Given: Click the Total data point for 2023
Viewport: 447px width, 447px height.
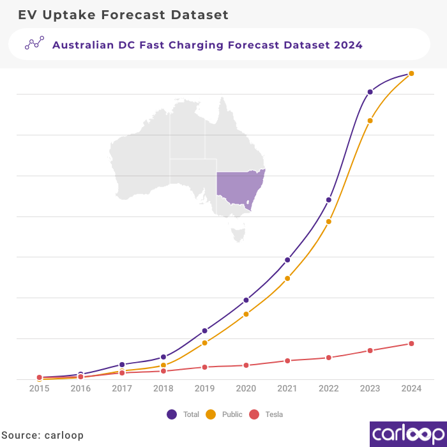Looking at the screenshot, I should pos(370,92).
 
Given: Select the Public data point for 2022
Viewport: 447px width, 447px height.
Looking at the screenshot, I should pos(329,222).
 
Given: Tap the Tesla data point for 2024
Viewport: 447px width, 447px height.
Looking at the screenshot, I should pos(411,344).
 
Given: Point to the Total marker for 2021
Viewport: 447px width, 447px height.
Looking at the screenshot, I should pos(287,260).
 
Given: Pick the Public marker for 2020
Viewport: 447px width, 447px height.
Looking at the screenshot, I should pos(246,314).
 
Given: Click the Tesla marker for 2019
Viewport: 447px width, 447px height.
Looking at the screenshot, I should pos(204,367).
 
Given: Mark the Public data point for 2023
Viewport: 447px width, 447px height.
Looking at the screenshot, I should pos(370,121).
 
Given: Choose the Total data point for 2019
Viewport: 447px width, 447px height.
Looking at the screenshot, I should pos(204,331).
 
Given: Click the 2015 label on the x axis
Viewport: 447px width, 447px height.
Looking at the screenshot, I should pos(39,388).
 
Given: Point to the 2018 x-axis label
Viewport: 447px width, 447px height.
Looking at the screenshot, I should pos(163,388).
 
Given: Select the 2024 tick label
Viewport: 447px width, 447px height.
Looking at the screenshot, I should pos(411,388).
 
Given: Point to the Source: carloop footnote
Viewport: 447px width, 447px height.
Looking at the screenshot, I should pos(42,435).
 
